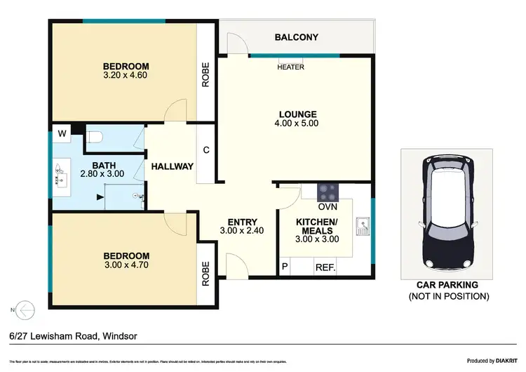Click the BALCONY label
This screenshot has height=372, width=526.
tap(297, 37)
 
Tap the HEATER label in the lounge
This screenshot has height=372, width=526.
tap(291, 68)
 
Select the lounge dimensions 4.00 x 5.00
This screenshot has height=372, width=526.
tap(297, 124)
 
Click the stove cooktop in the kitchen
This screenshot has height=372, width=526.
tap(327, 192)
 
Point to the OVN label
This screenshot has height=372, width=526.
tap(327, 207)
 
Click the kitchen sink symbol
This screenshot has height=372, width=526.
tap(363, 226)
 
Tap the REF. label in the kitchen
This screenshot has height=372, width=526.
tap(325, 267)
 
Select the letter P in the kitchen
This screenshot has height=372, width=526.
tap(285, 267)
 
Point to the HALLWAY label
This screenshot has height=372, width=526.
tap(172, 166)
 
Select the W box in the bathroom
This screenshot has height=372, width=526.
tap(62, 133)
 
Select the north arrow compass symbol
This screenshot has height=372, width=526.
tap(25, 309)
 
